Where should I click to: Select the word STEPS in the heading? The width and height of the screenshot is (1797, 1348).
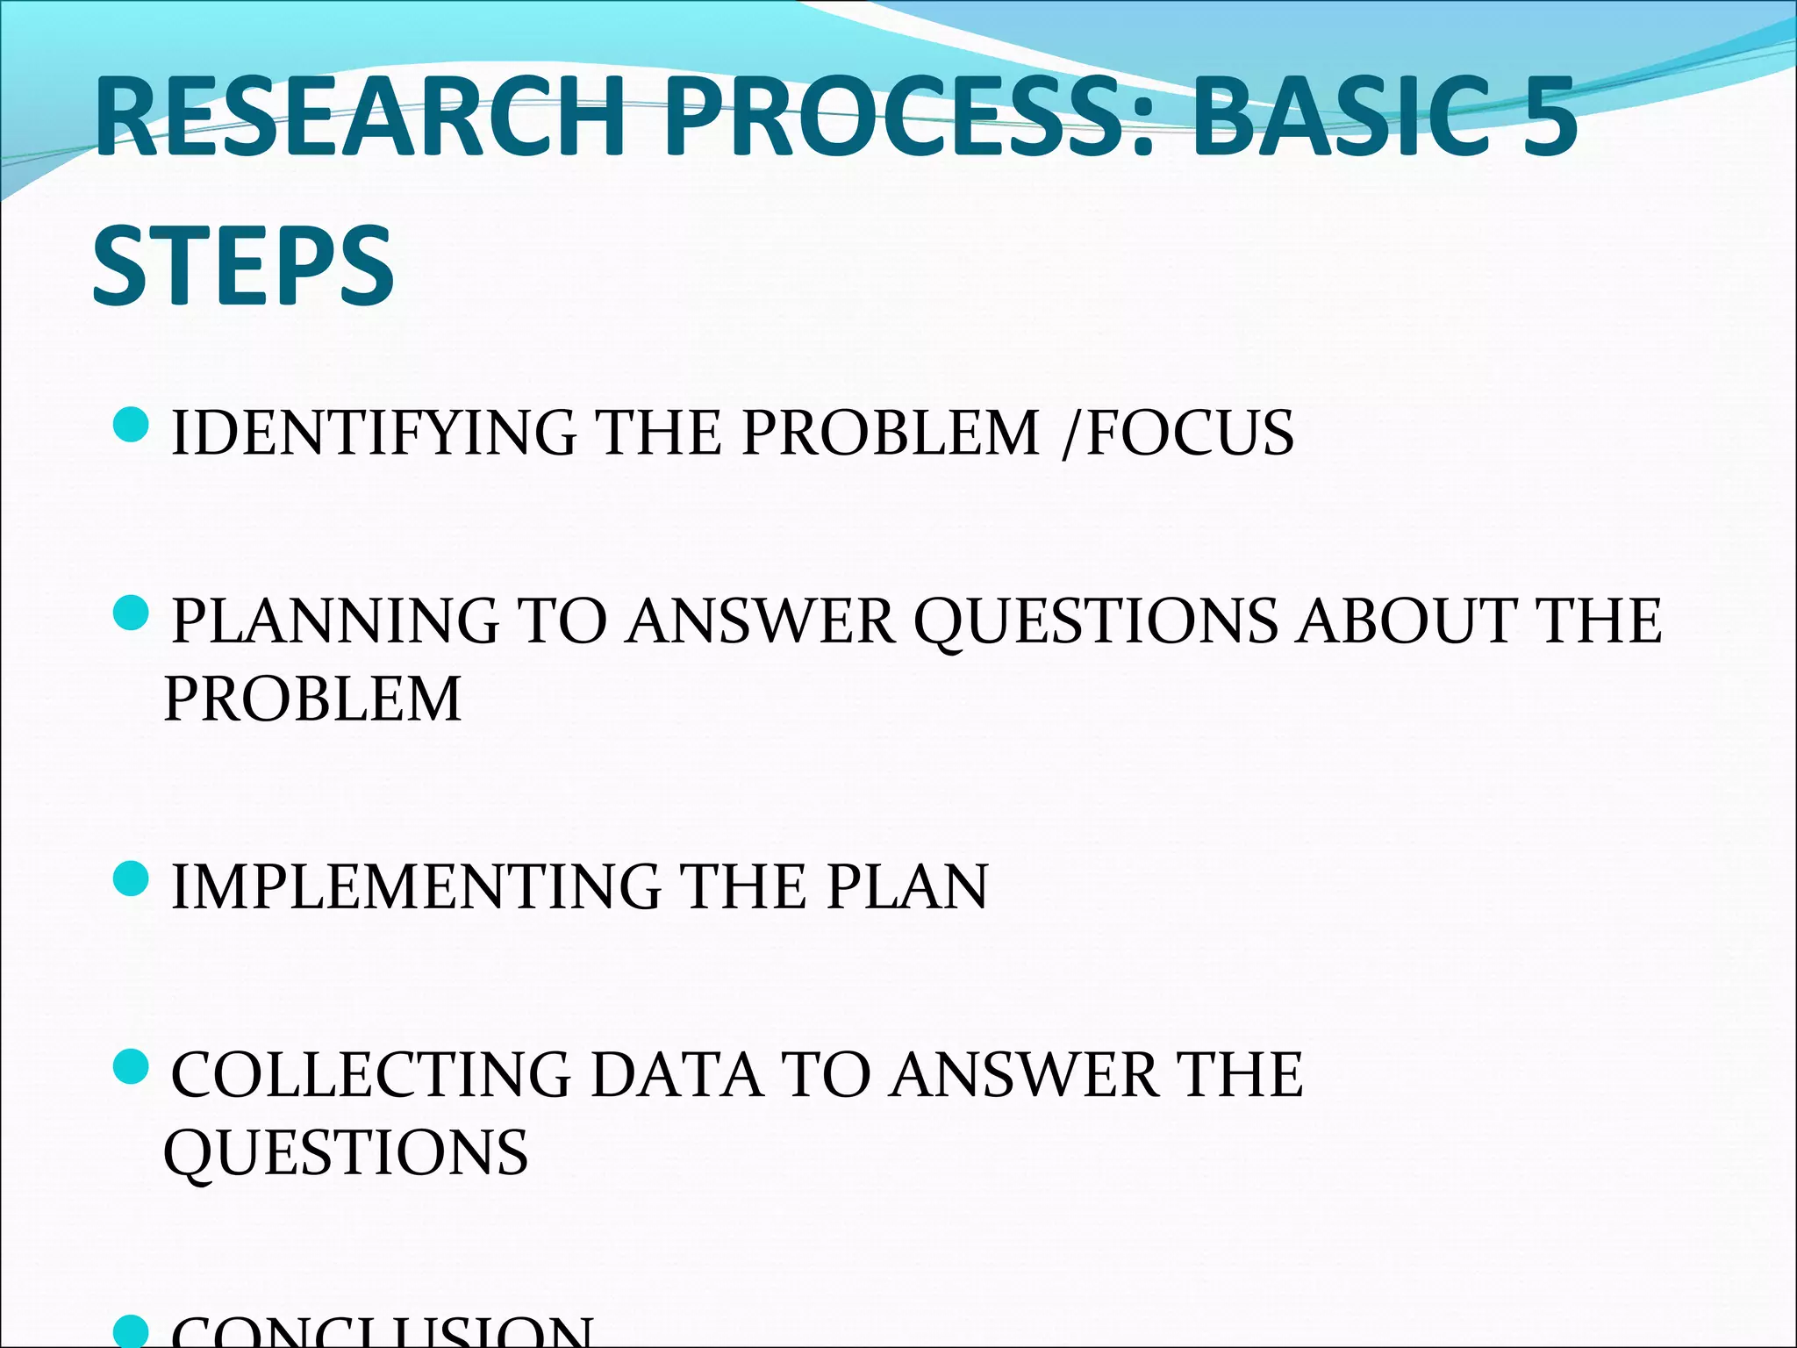(243, 265)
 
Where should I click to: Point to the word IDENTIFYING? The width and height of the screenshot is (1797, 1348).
(373, 433)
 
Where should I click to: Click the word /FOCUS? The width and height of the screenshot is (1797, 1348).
(1178, 433)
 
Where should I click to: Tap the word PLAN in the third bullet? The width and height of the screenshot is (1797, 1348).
(907, 886)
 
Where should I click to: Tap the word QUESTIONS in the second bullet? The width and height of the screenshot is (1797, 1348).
(1096, 620)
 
